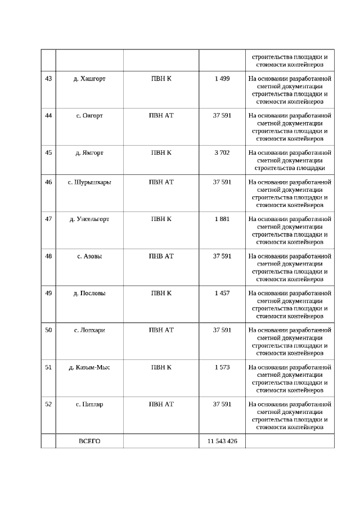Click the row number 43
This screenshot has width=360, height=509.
pyautogui.click(x=48, y=79)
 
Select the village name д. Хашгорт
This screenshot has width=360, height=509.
pyautogui.click(x=89, y=79)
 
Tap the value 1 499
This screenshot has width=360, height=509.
pyautogui.click(x=222, y=79)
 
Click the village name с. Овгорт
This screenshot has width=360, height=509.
pyautogui.click(x=89, y=116)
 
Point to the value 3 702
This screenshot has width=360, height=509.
pyautogui.click(x=222, y=152)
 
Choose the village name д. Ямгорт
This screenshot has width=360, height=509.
pyautogui.click(x=89, y=152)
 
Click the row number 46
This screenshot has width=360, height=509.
pyautogui.click(x=48, y=182)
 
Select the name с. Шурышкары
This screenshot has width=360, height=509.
pyautogui.click(x=89, y=182)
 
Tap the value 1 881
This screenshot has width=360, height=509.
pyautogui.click(x=222, y=219)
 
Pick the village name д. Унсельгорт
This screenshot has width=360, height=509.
pyautogui.click(x=89, y=219)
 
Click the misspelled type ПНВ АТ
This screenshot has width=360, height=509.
pyautogui.click(x=161, y=256)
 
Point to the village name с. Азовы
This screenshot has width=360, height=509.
pyautogui.click(x=89, y=256)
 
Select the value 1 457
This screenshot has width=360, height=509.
pyautogui.click(x=222, y=293)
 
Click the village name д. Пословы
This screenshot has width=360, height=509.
pyautogui.click(x=89, y=293)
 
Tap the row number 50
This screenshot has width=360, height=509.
pyautogui.click(x=48, y=330)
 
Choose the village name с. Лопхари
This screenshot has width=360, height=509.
pyautogui.click(x=89, y=330)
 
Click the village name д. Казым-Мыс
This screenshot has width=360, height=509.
pyautogui.click(x=89, y=367)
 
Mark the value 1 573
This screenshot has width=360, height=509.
pyautogui.click(x=222, y=367)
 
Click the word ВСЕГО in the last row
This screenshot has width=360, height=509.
pyautogui.click(x=89, y=442)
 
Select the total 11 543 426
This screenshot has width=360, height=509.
pyautogui.click(x=222, y=442)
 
